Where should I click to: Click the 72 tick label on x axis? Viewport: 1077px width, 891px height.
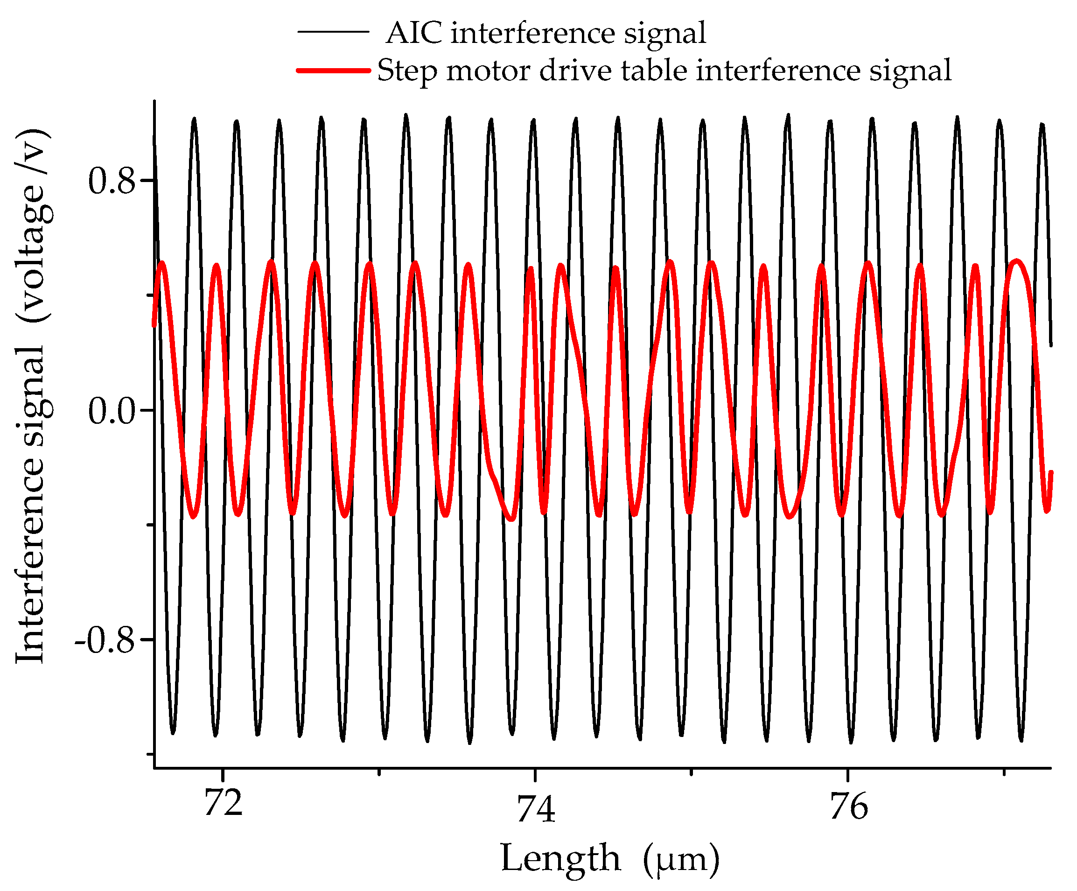(223, 804)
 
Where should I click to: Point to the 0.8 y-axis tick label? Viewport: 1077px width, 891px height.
(112, 181)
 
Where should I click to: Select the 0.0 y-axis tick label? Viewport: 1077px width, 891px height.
(112, 411)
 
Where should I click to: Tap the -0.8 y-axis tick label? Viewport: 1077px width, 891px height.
(105, 641)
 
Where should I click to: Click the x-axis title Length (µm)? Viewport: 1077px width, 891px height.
(610, 858)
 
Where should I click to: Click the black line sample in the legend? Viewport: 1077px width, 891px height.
(333, 32)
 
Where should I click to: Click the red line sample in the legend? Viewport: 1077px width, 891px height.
(333, 70)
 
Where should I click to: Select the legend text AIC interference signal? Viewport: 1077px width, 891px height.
(545, 33)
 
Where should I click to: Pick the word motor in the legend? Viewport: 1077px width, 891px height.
(488, 70)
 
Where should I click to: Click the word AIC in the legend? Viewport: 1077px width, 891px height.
(414, 33)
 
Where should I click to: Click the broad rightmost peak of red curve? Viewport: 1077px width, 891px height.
(1016, 262)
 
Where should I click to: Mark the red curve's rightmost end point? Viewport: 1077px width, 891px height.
(1051, 472)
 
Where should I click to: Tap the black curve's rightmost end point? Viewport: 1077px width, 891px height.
(1051, 345)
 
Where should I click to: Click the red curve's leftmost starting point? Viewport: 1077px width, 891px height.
(154, 325)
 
